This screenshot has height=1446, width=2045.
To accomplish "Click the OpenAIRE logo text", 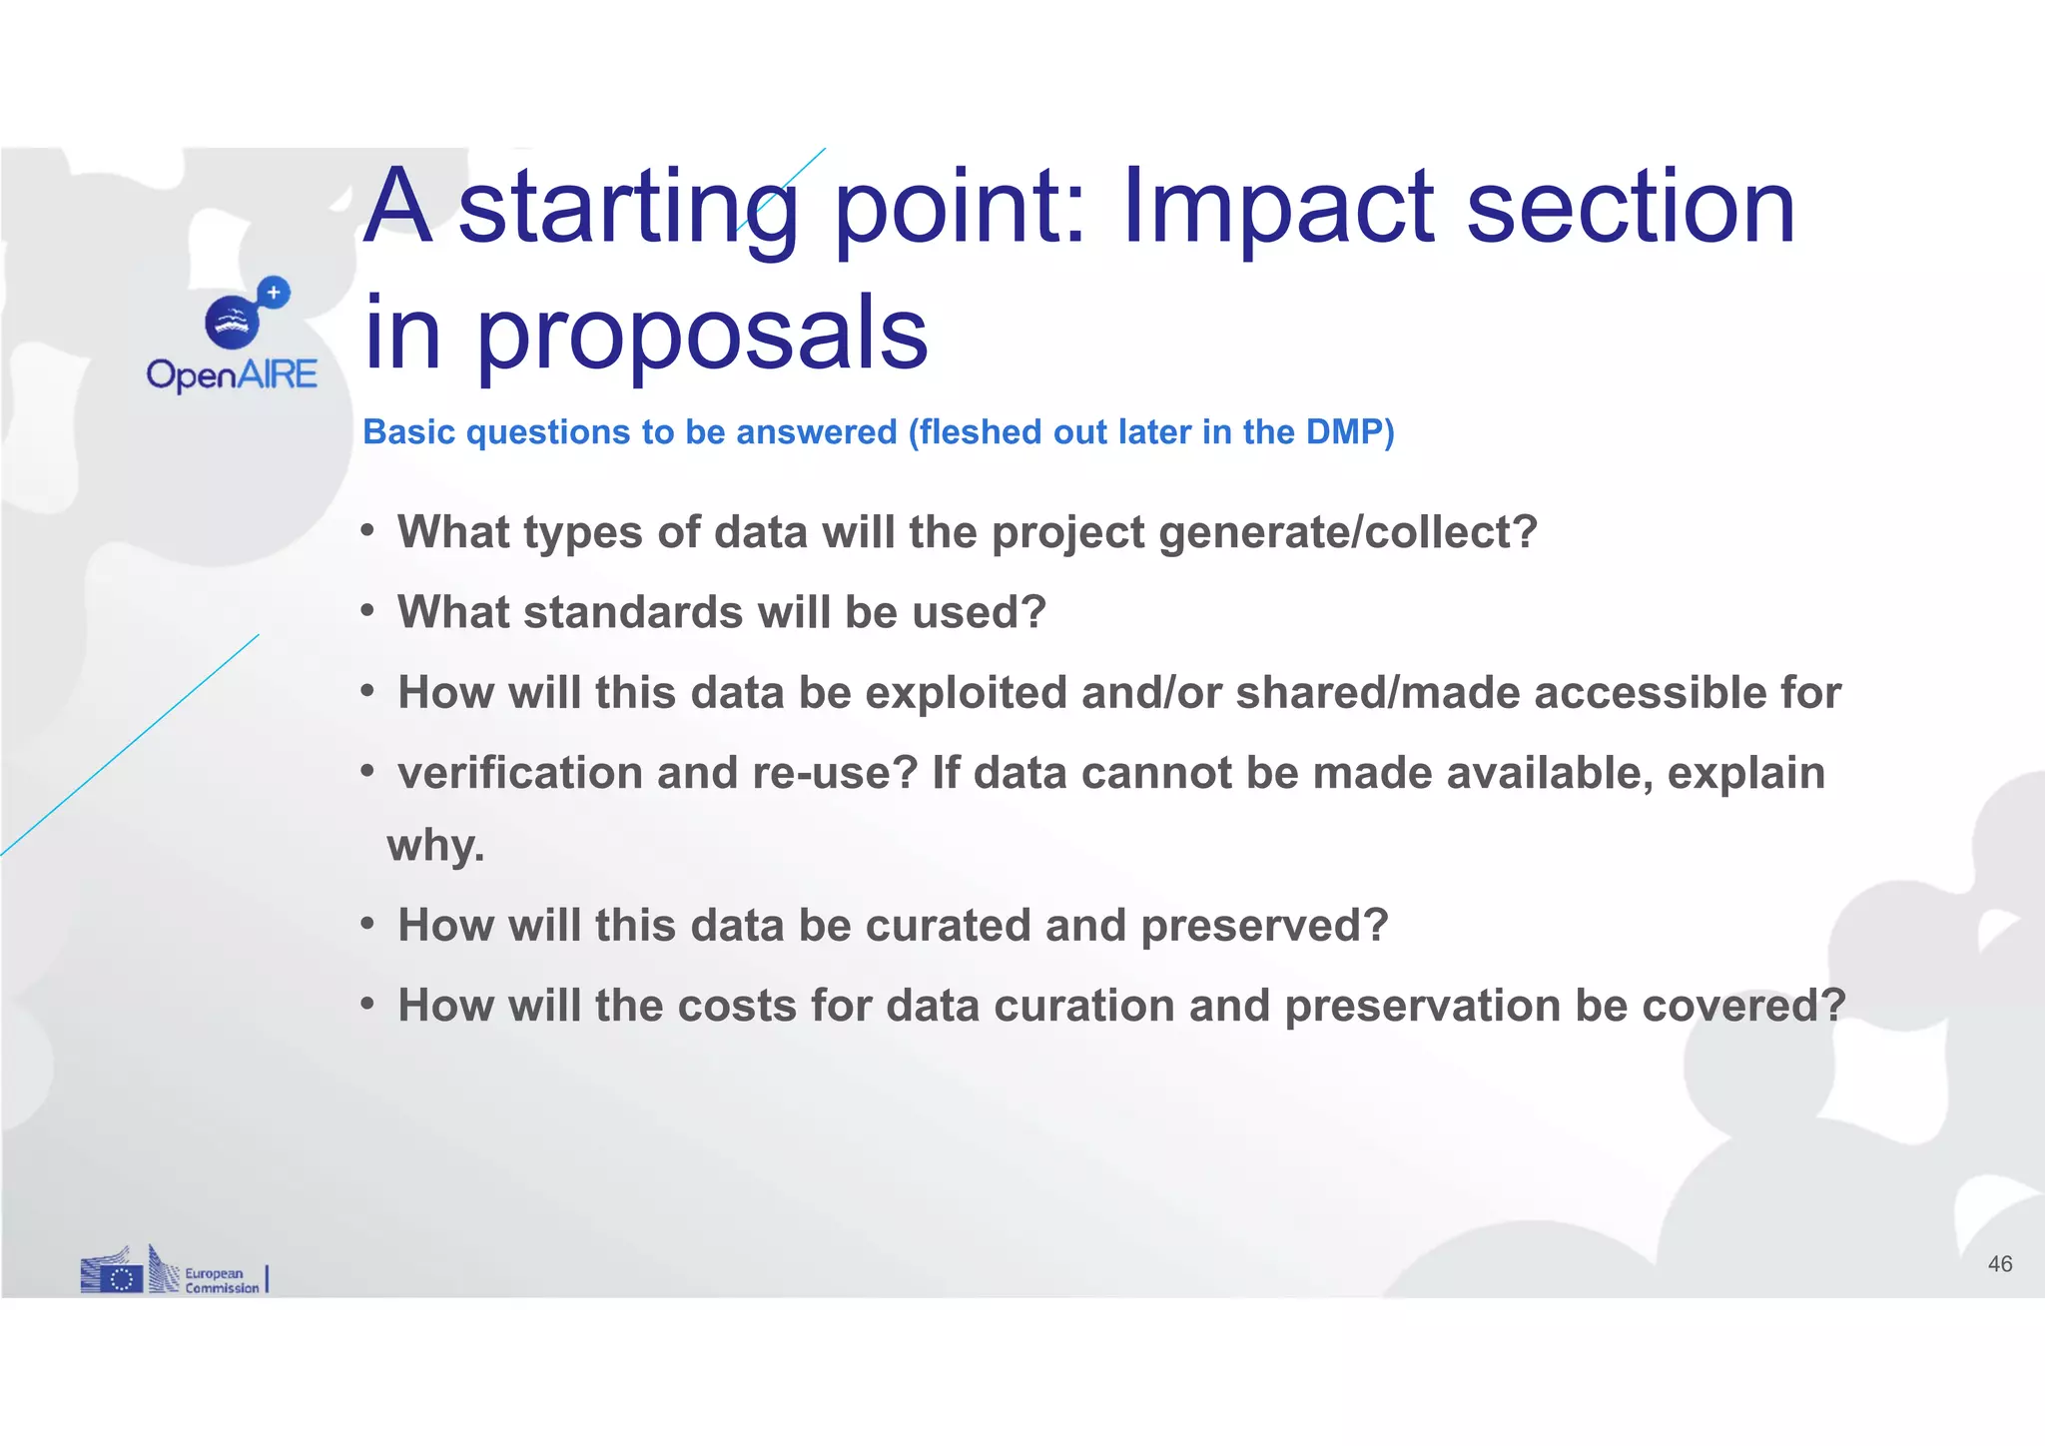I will point(232,375).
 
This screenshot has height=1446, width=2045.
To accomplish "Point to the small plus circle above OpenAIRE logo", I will point(273,293).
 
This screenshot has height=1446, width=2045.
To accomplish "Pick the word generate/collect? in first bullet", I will point(1348,532).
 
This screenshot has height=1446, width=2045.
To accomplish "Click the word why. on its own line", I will point(435,846).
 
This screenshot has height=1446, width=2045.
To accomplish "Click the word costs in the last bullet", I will point(737,1006).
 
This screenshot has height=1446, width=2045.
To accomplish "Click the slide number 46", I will point(1999,1264).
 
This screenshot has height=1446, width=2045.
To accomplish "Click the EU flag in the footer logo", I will point(122,1278).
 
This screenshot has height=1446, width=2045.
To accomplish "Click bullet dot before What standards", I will point(367,610).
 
